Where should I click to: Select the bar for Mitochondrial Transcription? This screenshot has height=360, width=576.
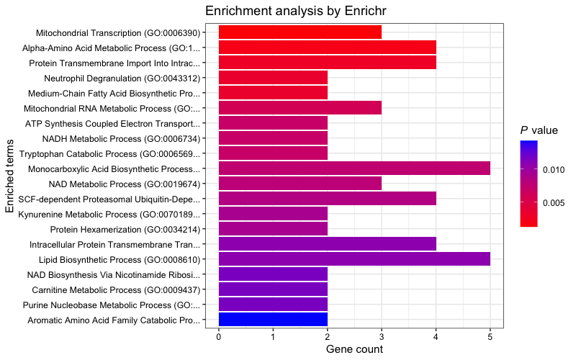pyautogui.click(x=300, y=32)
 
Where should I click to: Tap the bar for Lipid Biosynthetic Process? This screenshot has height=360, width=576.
pyautogui.click(x=354, y=259)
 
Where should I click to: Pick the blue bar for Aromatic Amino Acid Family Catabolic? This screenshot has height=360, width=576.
pyautogui.click(x=273, y=320)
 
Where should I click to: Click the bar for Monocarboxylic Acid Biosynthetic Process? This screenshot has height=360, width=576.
pyautogui.click(x=354, y=168)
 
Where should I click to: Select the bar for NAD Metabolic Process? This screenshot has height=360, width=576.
pyautogui.click(x=300, y=184)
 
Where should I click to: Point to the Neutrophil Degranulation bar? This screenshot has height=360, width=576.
pyautogui.click(x=273, y=78)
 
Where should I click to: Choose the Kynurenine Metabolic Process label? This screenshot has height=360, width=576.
pyautogui.click(x=114, y=214)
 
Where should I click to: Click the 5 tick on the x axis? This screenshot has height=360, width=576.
pyautogui.click(x=490, y=336)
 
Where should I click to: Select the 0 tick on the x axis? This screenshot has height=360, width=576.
pyautogui.click(x=219, y=336)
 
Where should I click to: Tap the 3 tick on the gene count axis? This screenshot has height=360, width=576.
pyautogui.click(x=382, y=336)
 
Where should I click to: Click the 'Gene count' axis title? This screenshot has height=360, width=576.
pyautogui.click(x=354, y=350)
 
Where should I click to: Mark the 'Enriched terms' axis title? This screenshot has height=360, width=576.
pyautogui.click(x=10, y=176)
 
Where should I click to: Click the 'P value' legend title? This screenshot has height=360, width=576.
pyautogui.click(x=539, y=130)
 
